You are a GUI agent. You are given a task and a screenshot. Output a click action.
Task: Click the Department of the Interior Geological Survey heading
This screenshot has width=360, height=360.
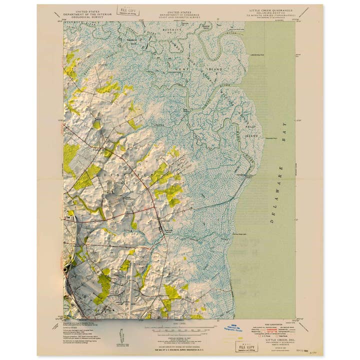click(x=86, y=13)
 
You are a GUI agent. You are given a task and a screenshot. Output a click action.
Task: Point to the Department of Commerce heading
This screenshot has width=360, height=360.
click(x=179, y=13)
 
